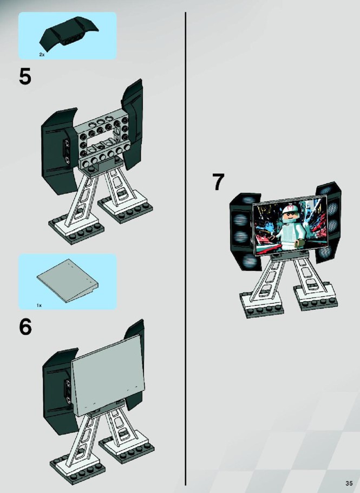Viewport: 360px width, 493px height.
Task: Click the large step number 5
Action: pos(25,77)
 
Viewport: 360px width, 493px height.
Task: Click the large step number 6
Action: pos(25,327)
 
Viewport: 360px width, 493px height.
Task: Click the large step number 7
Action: pos(218,181)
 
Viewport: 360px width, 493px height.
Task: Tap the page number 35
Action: pos(349,484)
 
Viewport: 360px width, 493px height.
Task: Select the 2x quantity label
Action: pos(42,54)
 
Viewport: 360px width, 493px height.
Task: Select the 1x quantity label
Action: pos(40,305)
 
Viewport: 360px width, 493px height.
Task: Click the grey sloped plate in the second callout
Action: pos(68,281)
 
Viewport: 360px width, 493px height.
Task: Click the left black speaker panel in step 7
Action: pos(244,231)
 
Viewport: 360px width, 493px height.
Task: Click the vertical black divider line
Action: pos(186,249)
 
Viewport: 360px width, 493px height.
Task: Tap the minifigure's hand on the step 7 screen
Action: pos(300,242)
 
